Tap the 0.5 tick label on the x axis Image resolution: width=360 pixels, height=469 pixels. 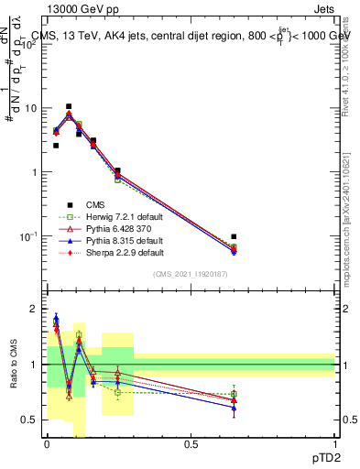coord(191,444)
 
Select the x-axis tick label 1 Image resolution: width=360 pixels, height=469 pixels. coord(334,444)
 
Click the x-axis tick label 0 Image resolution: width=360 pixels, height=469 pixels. coord(47,444)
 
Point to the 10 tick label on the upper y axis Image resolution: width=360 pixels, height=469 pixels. coord(30,108)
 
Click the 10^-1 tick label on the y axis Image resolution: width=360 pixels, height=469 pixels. coord(28,236)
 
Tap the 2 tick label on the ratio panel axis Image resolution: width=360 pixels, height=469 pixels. coord(34,309)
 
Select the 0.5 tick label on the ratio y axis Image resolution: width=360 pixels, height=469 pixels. coord(30,420)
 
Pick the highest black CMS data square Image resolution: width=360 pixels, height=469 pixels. coord(69,106)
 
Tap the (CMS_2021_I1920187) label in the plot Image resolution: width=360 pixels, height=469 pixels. coord(191,275)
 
